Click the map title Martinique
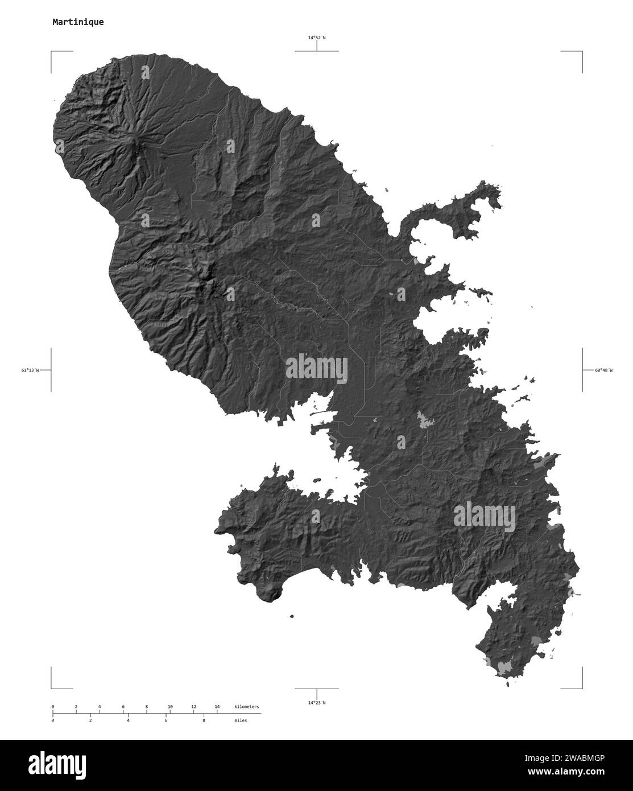(78, 22)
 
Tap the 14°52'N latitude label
(317, 38)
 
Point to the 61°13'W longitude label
(31, 370)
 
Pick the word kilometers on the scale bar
(247, 707)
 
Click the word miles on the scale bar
(241, 720)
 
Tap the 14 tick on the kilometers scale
(217, 707)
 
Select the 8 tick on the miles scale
(204, 720)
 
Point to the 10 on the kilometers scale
(170, 707)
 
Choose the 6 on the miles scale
(166, 720)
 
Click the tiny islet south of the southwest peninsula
(292, 615)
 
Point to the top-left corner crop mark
(52, 52)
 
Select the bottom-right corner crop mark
(581, 687)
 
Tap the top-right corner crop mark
(581, 52)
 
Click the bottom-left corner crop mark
(52, 687)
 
